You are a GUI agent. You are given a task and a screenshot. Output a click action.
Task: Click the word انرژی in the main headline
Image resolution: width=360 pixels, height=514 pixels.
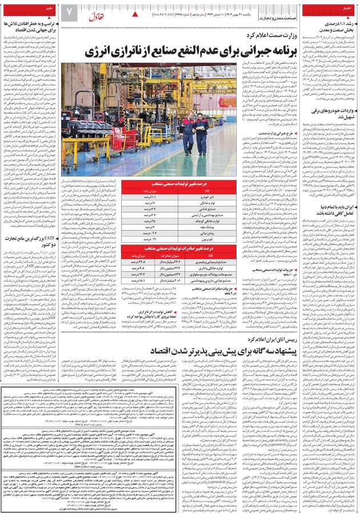(x=100, y=52)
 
